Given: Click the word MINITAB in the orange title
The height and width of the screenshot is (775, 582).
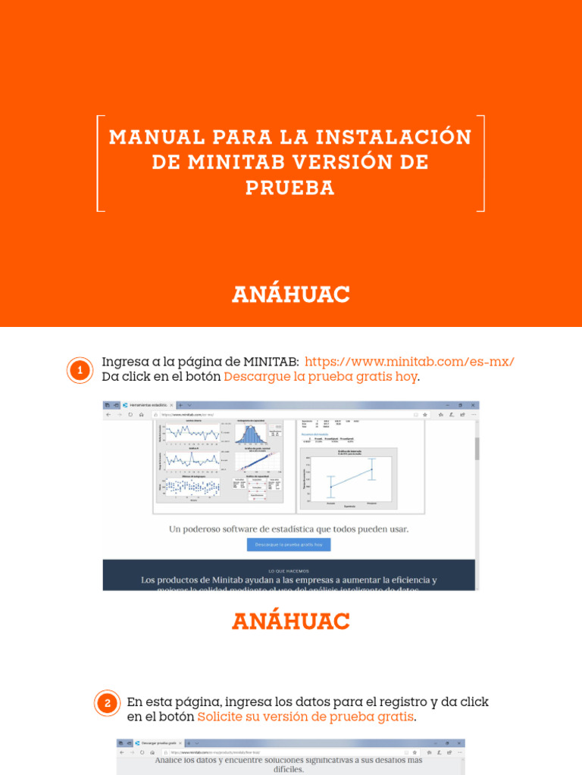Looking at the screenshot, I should click(x=224, y=162).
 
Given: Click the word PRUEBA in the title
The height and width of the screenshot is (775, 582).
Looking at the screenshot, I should click(x=290, y=187).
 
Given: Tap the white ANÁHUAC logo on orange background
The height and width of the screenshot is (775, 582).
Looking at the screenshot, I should click(x=291, y=294).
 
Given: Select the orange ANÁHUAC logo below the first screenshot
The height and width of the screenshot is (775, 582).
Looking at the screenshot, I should click(x=291, y=621).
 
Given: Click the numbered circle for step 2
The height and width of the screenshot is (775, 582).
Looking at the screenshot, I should click(x=107, y=703).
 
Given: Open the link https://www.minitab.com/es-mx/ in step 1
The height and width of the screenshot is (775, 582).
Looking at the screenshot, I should click(x=409, y=362).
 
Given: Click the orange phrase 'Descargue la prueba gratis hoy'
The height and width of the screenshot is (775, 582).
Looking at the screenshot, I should click(x=321, y=377).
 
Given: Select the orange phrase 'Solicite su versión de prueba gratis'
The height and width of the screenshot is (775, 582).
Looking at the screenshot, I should click(x=305, y=716).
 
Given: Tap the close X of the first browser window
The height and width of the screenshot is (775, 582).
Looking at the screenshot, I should click(x=474, y=406).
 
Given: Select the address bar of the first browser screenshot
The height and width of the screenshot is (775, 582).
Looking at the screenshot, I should click(x=227, y=415).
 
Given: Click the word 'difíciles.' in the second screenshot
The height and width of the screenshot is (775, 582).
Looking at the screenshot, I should click(x=289, y=770).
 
